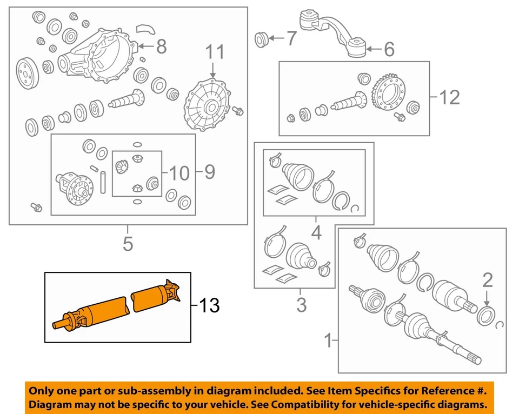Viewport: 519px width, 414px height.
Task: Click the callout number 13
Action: coord(209,306)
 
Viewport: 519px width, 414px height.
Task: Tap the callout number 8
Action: coord(161,47)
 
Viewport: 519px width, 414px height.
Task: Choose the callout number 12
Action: coord(450,97)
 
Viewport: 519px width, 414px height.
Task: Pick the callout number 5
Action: coord(127,244)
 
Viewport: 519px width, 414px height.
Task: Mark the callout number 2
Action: coord(487,279)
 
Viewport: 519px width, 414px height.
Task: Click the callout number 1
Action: coord(327,341)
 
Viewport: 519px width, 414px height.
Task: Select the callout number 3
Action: coord(301,305)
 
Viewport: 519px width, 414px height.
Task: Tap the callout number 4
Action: coord(316,233)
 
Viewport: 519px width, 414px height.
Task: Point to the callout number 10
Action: coord(179,173)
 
